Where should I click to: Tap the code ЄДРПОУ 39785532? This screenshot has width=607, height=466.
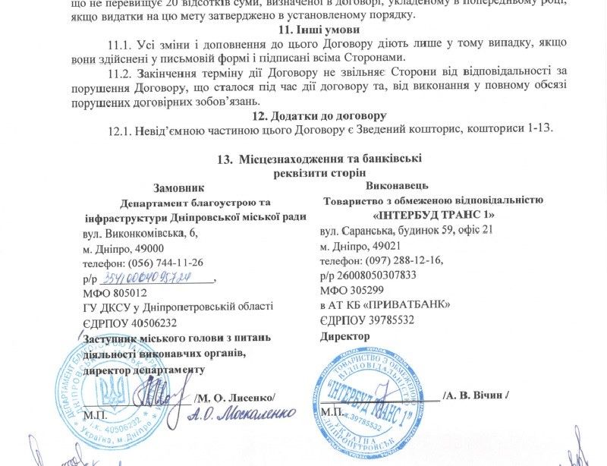click(367, 320)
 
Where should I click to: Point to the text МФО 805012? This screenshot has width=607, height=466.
click(115, 292)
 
